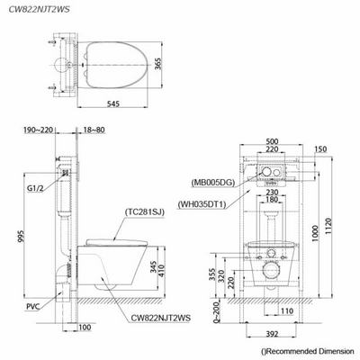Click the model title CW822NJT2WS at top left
tap(39, 9)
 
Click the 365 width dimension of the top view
tap(158, 64)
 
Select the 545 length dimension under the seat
tap(113, 103)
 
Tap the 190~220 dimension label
tap(38, 130)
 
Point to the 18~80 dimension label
tap(94, 130)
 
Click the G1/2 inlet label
tap(35, 188)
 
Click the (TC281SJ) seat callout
tap(144, 212)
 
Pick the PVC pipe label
tap(33, 307)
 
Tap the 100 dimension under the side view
tap(85, 328)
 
